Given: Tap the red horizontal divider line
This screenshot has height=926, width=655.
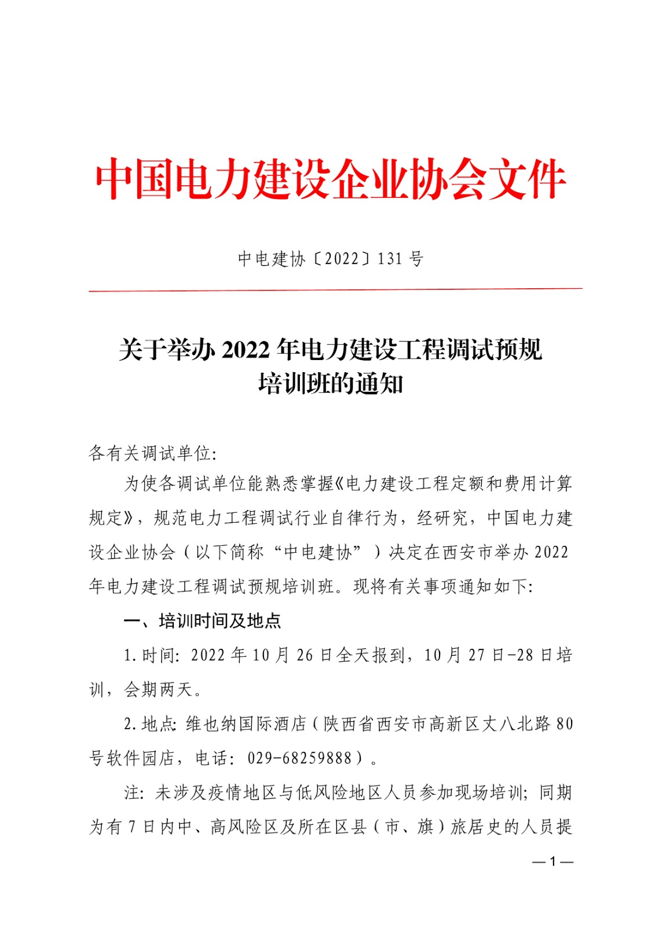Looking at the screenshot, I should pyautogui.click(x=335, y=289).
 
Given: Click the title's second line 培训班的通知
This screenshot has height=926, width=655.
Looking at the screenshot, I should pyautogui.click(x=330, y=384).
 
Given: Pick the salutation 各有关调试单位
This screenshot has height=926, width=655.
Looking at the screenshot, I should pyautogui.click(x=149, y=453).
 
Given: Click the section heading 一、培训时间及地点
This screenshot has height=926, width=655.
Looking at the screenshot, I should pyautogui.click(x=202, y=621).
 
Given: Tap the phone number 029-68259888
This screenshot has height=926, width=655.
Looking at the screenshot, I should pyautogui.click(x=299, y=758).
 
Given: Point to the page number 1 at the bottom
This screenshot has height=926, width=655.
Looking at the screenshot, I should pyautogui.click(x=552, y=862).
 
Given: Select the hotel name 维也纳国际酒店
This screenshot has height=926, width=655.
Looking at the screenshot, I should pyautogui.click(x=246, y=723).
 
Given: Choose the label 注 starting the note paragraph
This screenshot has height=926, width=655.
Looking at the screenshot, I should pyautogui.click(x=132, y=792).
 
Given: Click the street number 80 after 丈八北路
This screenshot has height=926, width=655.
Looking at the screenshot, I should pyautogui.click(x=564, y=723).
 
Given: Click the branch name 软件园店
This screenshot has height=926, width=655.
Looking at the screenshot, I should pyautogui.click(x=141, y=758).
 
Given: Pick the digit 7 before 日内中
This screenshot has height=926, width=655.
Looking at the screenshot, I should pyautogui.click(x=131, y=826).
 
